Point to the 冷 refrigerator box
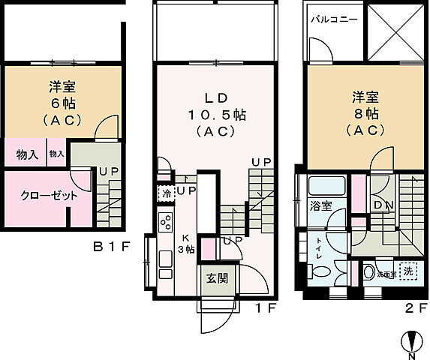[165, 193]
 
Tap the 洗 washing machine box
[407, 271]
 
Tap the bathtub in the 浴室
[326, 184]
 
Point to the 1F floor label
[272, 307]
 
